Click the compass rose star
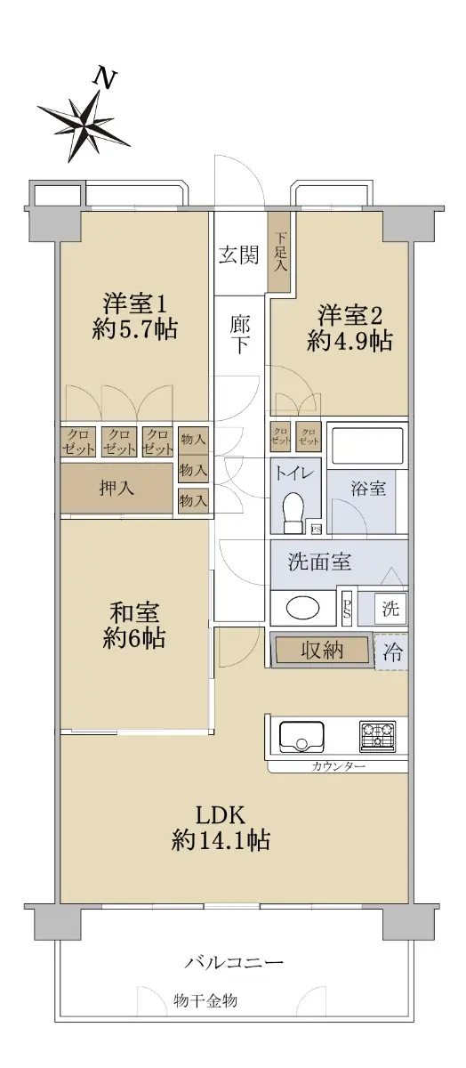84,125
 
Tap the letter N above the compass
105,78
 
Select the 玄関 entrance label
238,255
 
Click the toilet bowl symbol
293,513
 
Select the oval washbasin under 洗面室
302,608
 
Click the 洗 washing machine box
390,608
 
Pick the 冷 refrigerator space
391,651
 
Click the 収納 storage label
322,650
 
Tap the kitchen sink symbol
301,737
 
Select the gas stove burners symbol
377,735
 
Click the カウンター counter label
338,766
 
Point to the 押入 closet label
116,488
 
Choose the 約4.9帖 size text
350,341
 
